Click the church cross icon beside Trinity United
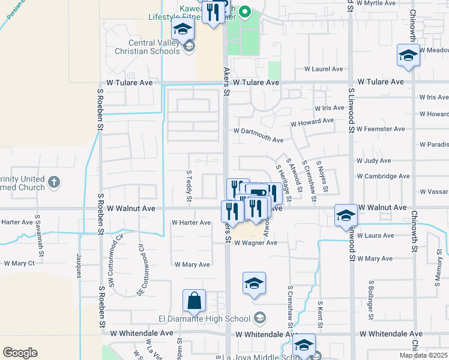[x=54, y=181]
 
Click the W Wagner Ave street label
[x=256, y=243]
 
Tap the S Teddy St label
[x=188, y=184]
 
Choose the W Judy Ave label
[x=373, y=161]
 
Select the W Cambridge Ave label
[x=383, y=176]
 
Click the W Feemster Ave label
[x=381, y=129]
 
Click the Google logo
[x=20, y=353]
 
